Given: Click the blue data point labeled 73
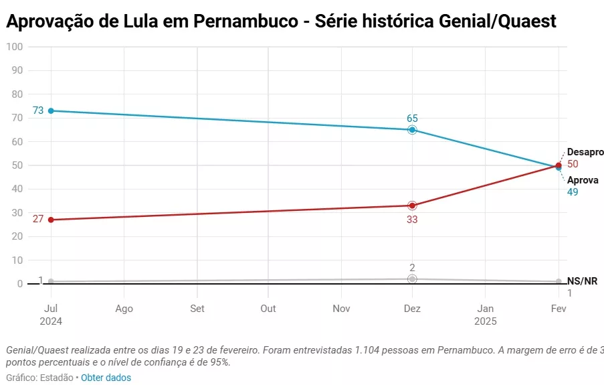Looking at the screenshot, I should [x=51, y=110].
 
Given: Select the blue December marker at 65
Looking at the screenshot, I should [x=412, y=130].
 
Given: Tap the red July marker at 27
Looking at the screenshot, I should [x=51, y=220].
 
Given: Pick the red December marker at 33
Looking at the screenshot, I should [x=412, y=206].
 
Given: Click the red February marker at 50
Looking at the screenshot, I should [x=559, y=165].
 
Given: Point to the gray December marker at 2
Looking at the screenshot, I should [x=412, y=279].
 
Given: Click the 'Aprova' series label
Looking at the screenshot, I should [x=583, y=180].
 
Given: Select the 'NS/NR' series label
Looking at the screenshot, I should [x=582, y=281].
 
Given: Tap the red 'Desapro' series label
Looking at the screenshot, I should [x=585, y=152].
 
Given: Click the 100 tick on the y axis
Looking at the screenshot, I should [x=14, y=47].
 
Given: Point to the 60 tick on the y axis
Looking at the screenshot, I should [x=17, y=141].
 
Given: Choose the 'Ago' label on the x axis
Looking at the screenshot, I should [x=124, y=309].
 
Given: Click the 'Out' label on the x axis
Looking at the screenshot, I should [x=268, y=309].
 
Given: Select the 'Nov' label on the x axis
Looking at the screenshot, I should [x=341, y=309].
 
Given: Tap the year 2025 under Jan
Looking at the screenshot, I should [x=486, y=321].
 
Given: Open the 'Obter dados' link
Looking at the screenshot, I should [x=106, y=378].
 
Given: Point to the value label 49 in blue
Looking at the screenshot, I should [x=572, y=192].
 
